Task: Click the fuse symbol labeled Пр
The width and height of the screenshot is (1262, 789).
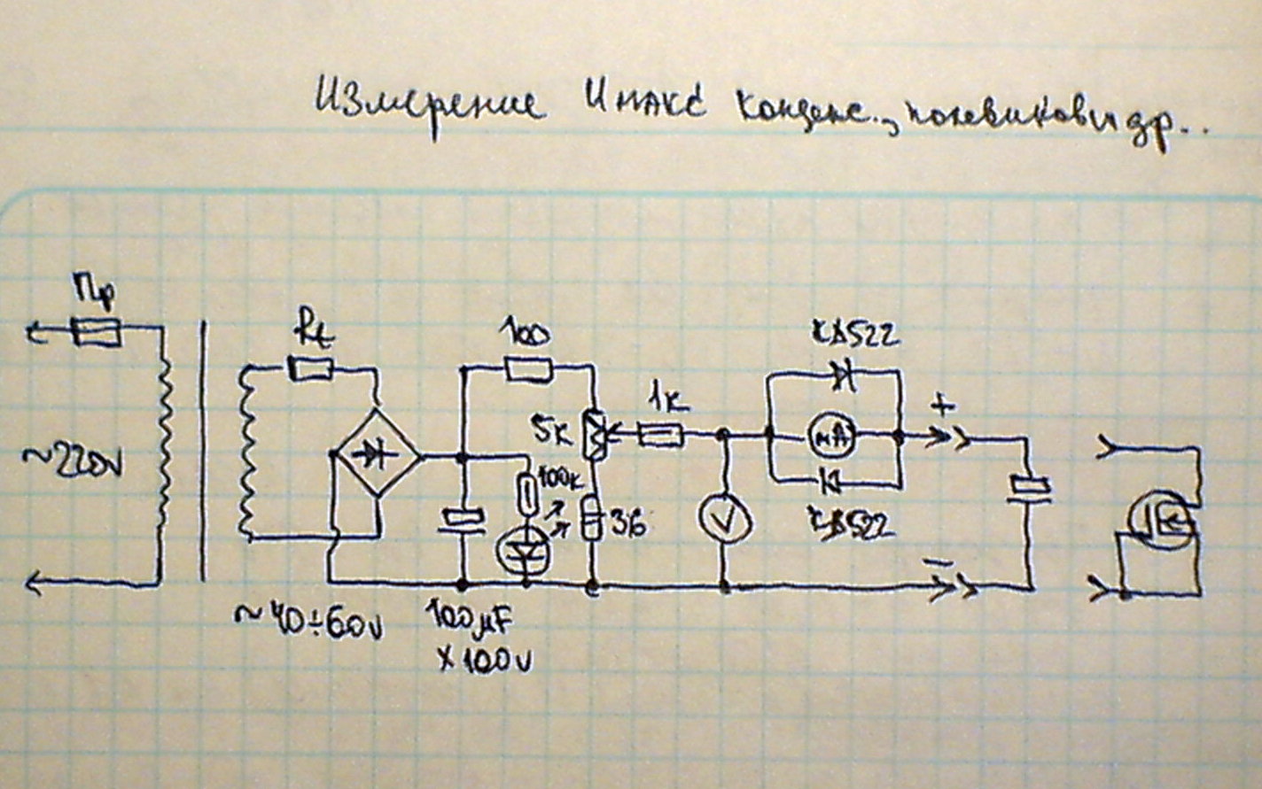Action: (96, 333)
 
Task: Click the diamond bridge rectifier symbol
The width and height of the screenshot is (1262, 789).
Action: (377, 456)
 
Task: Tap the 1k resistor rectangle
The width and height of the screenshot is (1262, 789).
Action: (660, 434)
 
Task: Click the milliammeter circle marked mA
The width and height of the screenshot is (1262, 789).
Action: (831, 436)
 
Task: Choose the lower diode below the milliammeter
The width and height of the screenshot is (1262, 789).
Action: (831, 482)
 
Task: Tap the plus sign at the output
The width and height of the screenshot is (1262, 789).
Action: (943, 406)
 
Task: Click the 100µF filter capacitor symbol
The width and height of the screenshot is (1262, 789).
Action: (463, 520)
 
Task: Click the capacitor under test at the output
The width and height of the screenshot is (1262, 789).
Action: (1029, 488)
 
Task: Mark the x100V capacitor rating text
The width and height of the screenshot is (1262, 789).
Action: (486, 660)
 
